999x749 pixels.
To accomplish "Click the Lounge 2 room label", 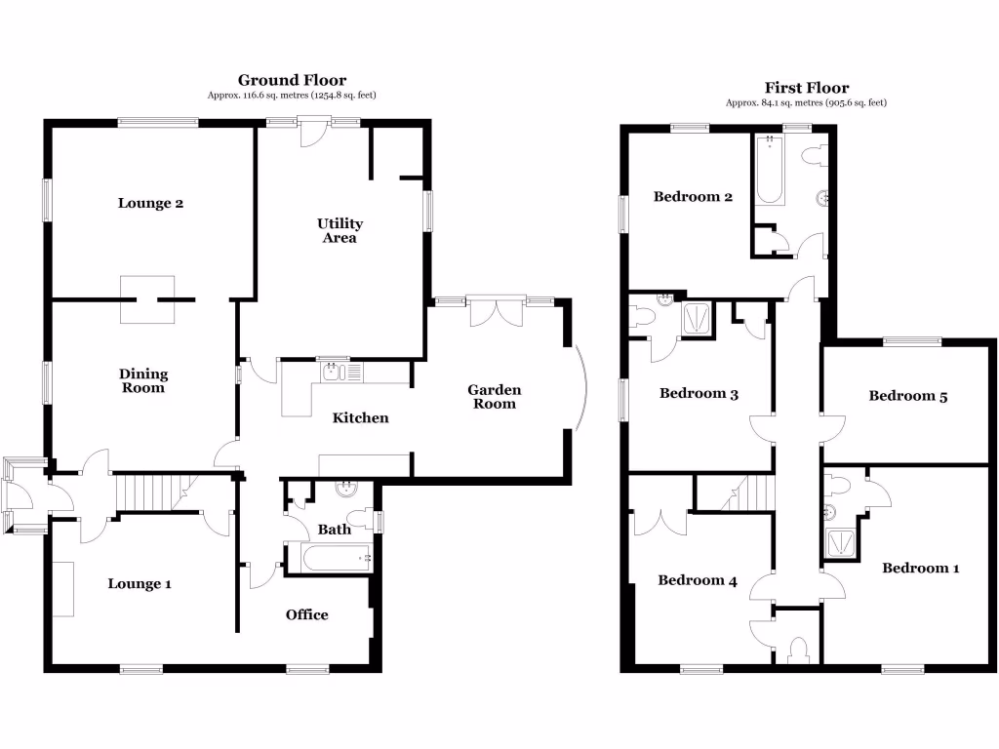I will (151, 203).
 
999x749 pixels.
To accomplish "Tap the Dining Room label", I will (143, 381).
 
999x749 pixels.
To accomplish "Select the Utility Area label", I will (340, 231).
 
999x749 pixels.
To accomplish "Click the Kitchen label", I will (361, 417).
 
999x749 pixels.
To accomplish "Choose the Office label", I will (306, 614).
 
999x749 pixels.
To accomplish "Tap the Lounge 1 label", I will (140, 583).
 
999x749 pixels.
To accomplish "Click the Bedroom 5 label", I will (908, 396).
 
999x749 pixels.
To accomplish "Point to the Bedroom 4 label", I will (697, 580).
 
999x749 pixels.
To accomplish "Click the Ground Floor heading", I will (292, 80).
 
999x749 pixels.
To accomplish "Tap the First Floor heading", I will (806, 88).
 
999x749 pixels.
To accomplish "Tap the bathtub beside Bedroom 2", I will (770, 171).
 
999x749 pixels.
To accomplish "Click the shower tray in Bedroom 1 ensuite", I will (839, 542).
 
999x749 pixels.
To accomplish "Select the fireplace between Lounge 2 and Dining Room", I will (147, 298).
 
